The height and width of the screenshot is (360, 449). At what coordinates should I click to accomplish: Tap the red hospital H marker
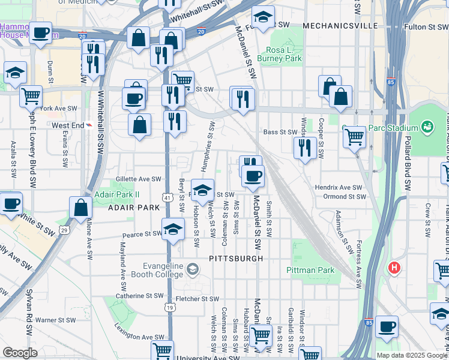[x=394, y=267]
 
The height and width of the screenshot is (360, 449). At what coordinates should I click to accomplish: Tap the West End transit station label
[x=67, y=125]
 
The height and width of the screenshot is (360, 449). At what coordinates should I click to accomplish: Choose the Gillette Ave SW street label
[x=139, y=179]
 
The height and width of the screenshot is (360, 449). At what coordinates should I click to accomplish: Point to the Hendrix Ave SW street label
[x=339, y=188]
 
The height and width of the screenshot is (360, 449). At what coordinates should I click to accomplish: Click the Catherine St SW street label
[x=139, y=295]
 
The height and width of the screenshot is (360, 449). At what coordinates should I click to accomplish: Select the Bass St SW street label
[x=280, y=132]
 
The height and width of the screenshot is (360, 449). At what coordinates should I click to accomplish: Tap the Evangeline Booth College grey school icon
[x=192, y=268]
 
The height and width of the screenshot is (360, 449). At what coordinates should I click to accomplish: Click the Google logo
[x=20, y=353]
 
